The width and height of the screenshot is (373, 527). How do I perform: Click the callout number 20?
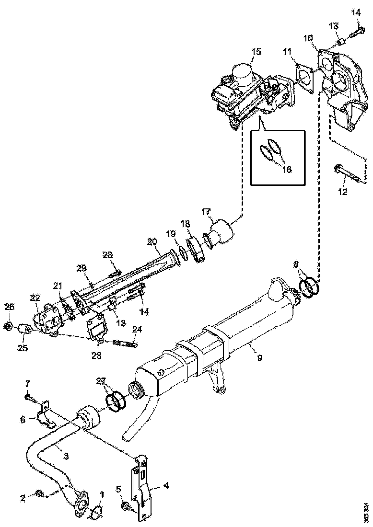152,242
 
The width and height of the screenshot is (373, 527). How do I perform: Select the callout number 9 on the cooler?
259,357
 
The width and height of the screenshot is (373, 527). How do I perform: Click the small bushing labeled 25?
23,330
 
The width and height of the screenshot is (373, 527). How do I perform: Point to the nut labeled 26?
9,327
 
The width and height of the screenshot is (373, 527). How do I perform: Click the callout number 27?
100,381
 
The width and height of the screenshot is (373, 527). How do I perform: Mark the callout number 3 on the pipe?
66,456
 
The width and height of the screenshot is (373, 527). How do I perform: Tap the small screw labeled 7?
30,398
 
